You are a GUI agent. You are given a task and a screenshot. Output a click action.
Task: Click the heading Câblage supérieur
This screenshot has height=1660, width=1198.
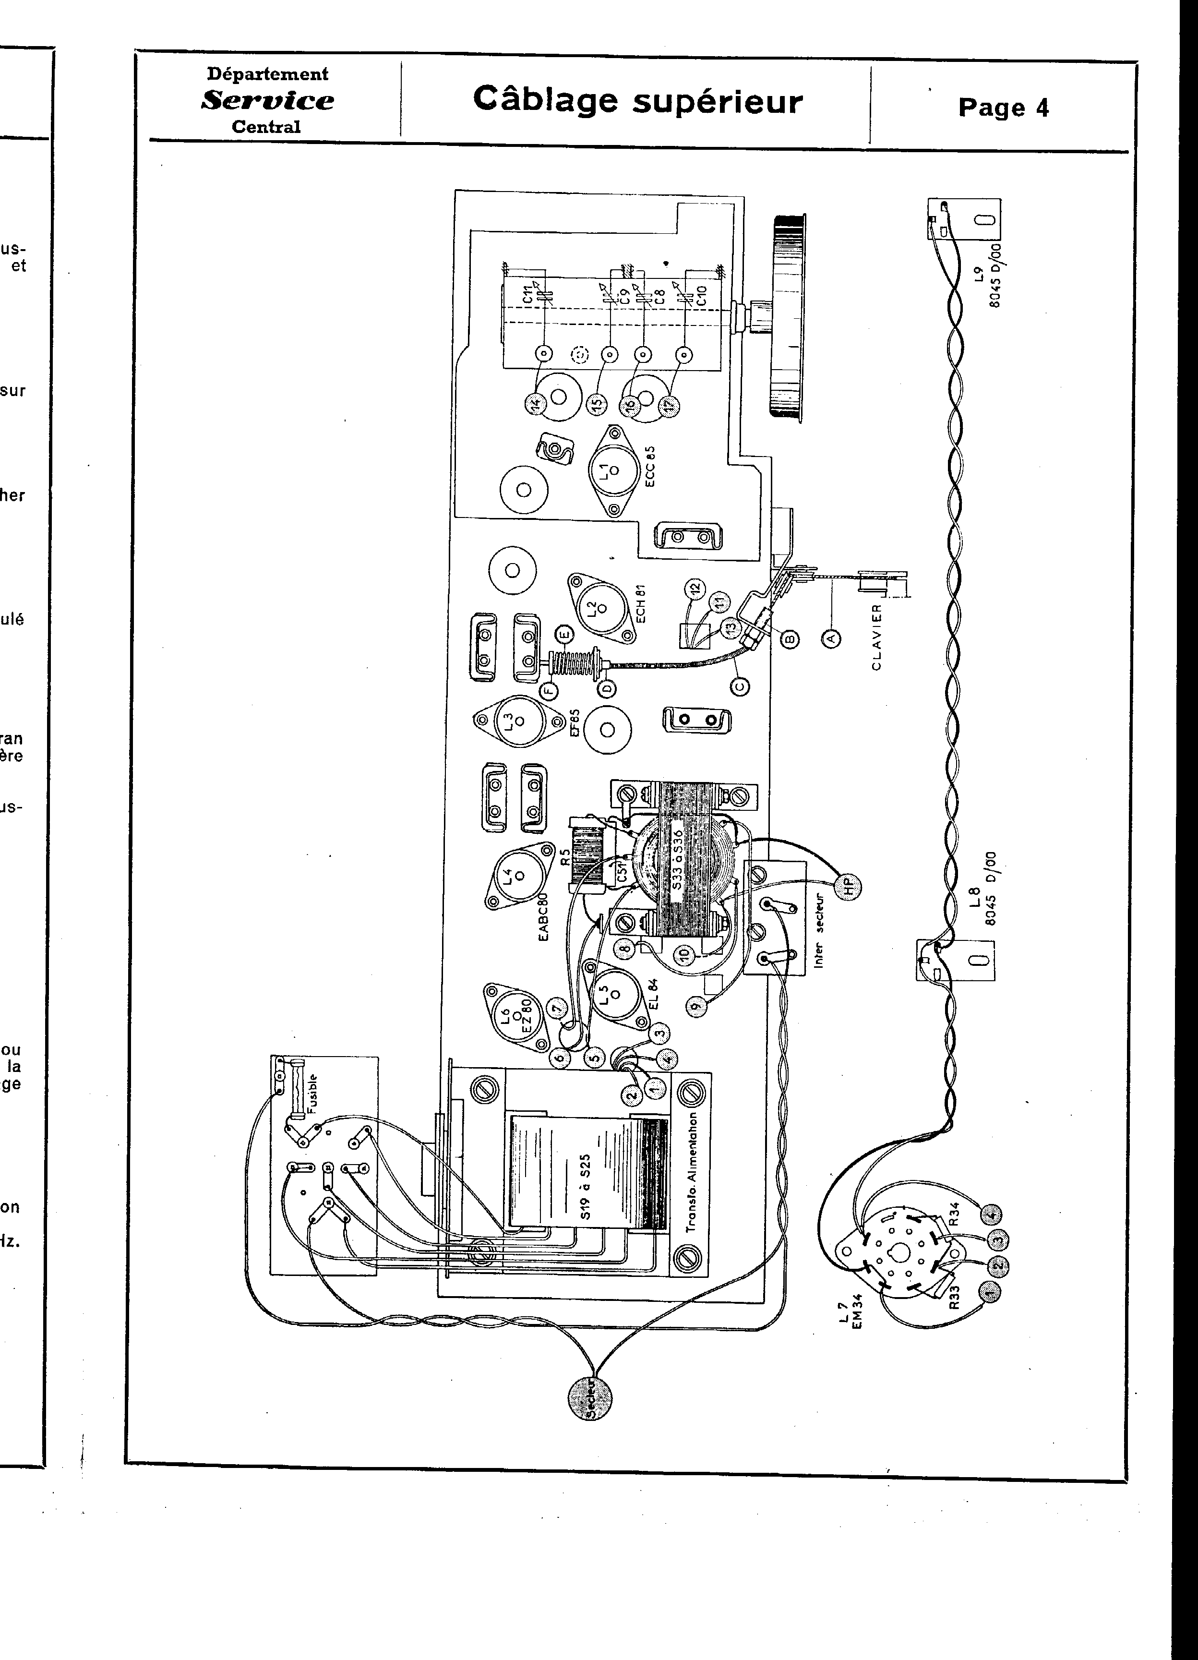click(x=637, y=101)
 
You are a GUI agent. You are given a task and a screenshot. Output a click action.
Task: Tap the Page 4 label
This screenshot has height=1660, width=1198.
click(x=1003, y=108)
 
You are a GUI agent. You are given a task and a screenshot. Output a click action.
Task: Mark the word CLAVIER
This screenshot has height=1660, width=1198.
click(x=877, y=636)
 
